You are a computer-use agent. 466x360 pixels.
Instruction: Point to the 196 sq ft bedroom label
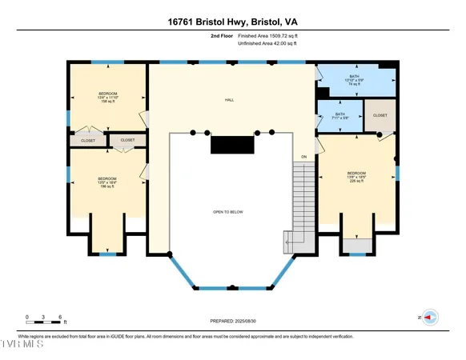107,182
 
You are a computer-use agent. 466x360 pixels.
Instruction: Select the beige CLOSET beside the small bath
380,114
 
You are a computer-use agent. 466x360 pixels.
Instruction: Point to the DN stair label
303,156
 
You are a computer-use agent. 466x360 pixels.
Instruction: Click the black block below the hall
232,144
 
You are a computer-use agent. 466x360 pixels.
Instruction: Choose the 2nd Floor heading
221,37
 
